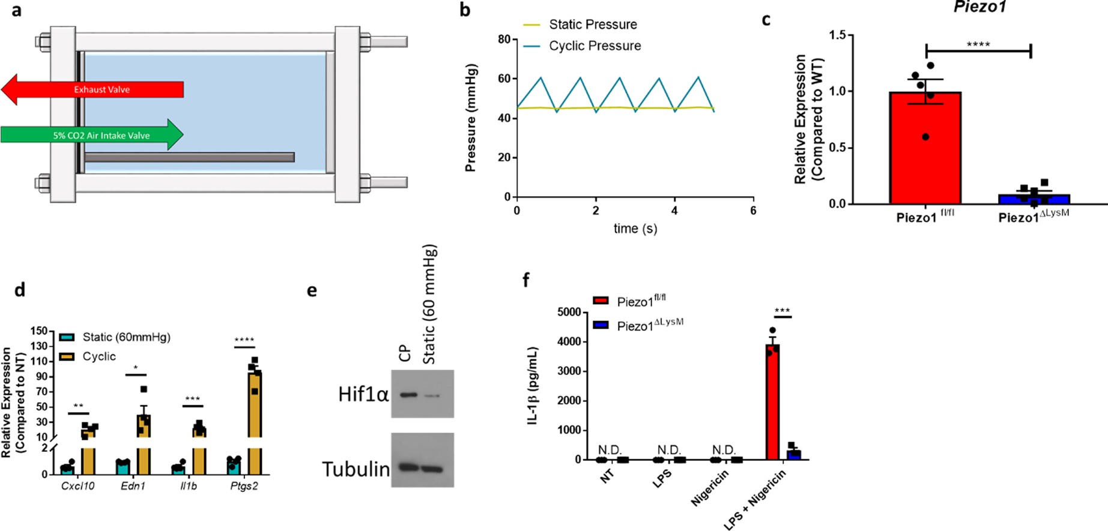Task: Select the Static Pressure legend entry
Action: point(592,25)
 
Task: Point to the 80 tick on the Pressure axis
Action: point(504,40)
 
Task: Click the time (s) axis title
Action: point(635,229)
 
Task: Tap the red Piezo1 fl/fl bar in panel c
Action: point(925,150)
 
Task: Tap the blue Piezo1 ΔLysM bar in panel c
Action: point(1033,199)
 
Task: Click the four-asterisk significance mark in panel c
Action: point(978,44)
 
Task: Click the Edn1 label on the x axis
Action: point(133,486)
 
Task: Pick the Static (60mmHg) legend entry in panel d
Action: point(126,337)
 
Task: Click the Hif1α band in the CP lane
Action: point(408,395)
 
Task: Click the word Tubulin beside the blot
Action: point(356,469)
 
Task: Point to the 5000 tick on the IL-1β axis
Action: point(569,313)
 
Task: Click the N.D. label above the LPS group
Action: point(668,450)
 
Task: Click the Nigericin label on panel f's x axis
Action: point(710,488)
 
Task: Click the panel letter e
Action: point(312,291)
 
